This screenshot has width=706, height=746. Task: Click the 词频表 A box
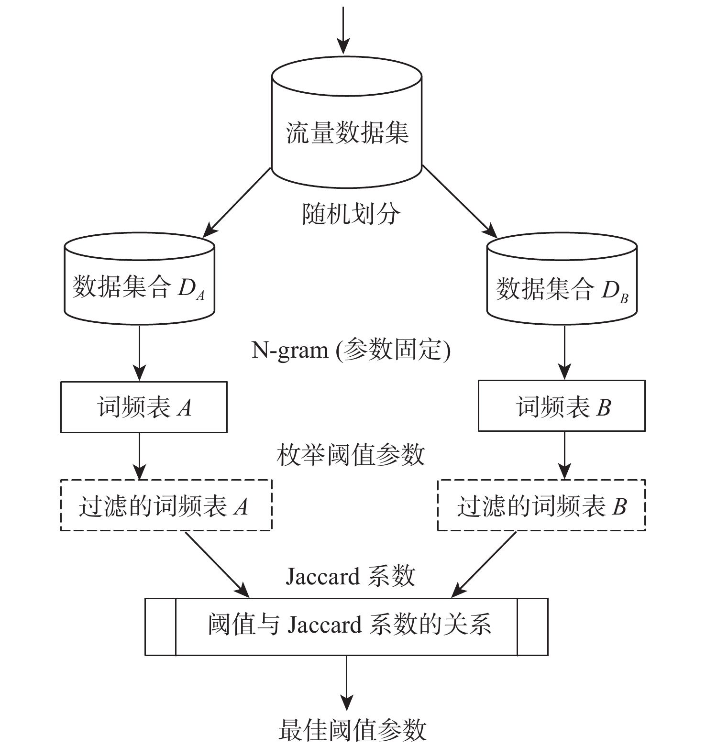pos(143,407)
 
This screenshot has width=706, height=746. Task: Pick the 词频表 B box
pos(562,406)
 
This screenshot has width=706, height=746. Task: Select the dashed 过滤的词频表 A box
pos(166,505)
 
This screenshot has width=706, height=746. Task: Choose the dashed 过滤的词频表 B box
pos(541,505)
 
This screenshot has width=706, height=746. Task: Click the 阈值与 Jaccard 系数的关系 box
pos(346,626)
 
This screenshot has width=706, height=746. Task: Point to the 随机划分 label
pos(351,214)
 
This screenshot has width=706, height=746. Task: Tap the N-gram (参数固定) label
pos(351,350)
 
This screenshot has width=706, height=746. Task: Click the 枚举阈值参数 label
pos(351,454)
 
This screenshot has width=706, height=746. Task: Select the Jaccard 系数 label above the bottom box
pos(351,576)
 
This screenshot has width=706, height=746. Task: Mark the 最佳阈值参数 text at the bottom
pos(352,730)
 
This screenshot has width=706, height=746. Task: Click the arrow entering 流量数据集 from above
pos(343,29)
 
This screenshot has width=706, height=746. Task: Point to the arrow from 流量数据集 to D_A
pos(238,202)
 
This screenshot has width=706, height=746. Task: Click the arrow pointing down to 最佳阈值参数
pos(346,681)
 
